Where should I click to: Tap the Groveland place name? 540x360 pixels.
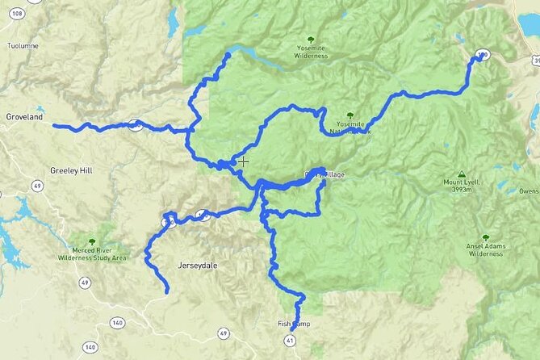coord(24,116)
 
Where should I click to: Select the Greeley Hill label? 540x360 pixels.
coord(72,170)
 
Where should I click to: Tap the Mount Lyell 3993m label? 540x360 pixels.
coord(461,186)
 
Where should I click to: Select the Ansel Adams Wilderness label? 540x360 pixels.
coord(485,249)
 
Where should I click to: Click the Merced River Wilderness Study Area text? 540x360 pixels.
coord(92,254)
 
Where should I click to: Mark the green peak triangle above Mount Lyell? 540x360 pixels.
coord(461,174)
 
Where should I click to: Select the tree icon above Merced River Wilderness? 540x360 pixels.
coord(92,241)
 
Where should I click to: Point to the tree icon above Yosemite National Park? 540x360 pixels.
coord(350,115)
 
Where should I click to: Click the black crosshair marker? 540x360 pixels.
coord(243,161)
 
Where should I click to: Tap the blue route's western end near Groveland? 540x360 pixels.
coord(55,125)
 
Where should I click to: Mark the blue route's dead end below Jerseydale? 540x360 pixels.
coord(167,291)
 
